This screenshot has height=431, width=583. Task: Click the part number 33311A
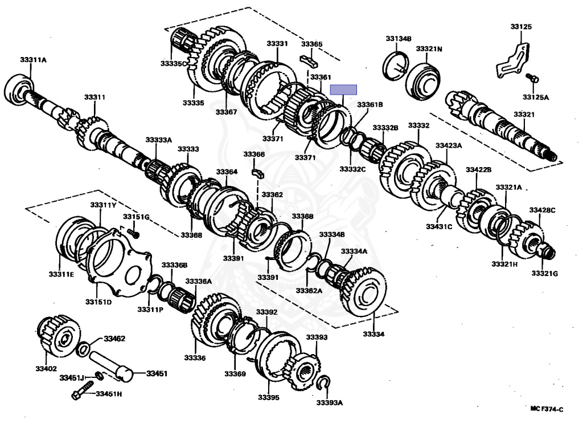[33, 60]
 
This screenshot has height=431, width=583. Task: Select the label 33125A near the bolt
[537, 97]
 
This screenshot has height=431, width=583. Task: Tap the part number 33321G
[545, 274]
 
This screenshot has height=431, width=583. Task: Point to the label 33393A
[330, 403]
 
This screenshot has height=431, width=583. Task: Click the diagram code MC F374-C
[547, 409]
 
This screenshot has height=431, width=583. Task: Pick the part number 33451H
[108, 393]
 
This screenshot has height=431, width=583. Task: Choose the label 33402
[47, 369]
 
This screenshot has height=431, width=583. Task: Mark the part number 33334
[373, 334]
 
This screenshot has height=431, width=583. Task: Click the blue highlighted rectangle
[344, 90]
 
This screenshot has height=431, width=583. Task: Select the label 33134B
[398, 39]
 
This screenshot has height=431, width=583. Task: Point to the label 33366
[254, 154]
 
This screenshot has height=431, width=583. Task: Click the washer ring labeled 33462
[83, 349]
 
